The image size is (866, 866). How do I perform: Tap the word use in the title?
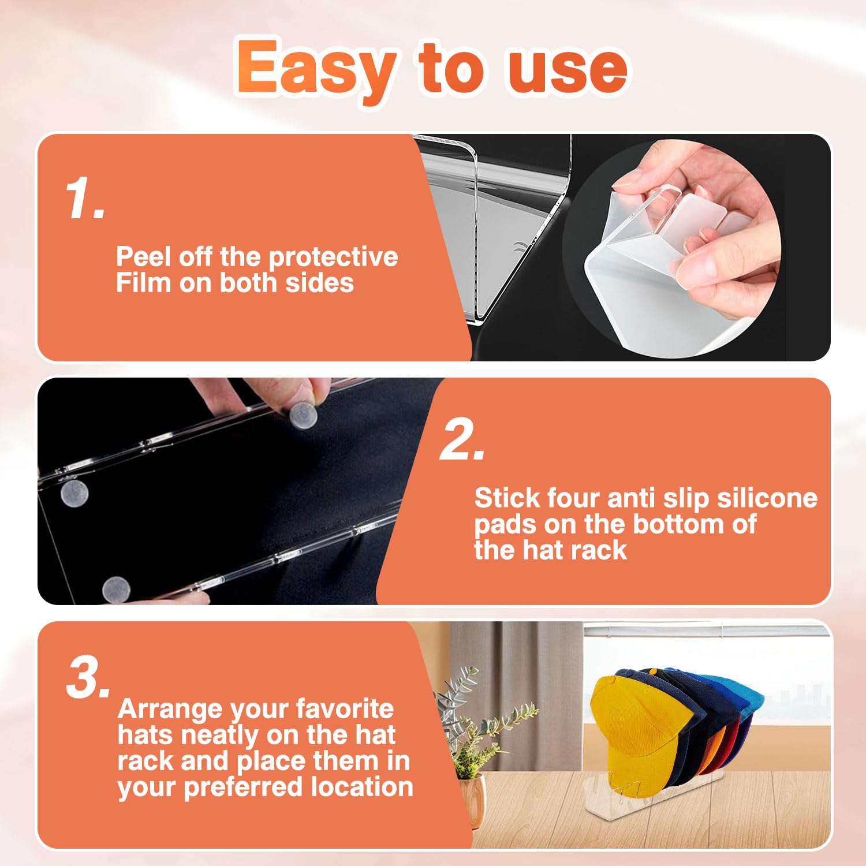coord(568,69)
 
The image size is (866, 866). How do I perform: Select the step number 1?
coord(85,198)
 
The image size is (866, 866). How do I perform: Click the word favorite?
coord(344,708)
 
